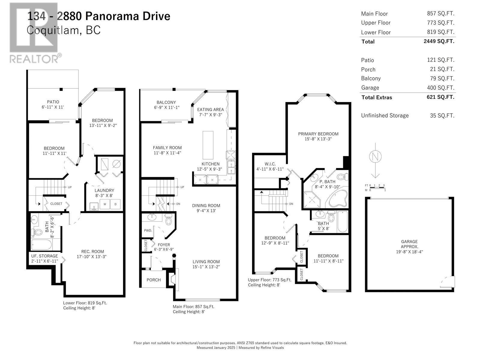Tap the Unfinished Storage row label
pyautogui.click(x=385, y=115)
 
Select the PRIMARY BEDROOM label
pyautogui.click(x=318, y=134)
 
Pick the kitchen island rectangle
pyautogui.click(x=208, y=145)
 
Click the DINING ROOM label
pyautogui.click(x=206, y=205)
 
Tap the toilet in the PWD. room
pyautogui.click(x=169, y=220)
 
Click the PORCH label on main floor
pyautogui.click(x=154, y=280)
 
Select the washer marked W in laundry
pyautogui.click(x=105, y=204)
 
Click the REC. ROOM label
pyautogui.click(x=92, y=252)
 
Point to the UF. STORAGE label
pyautogui.click(x=45, y=256)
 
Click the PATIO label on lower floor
pyautogui.click(x=53, y=102)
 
